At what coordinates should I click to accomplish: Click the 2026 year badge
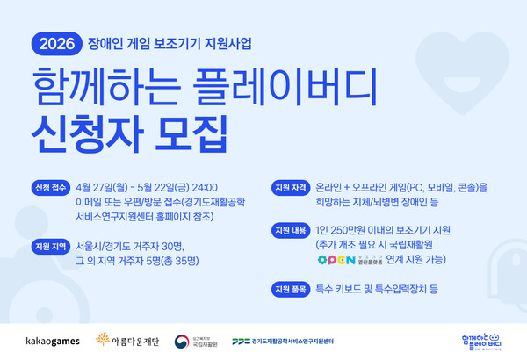(x=56, y=41)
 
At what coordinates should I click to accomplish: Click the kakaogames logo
(x=53, y=339)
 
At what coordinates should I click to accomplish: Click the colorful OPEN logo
(x=335, y=259)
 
